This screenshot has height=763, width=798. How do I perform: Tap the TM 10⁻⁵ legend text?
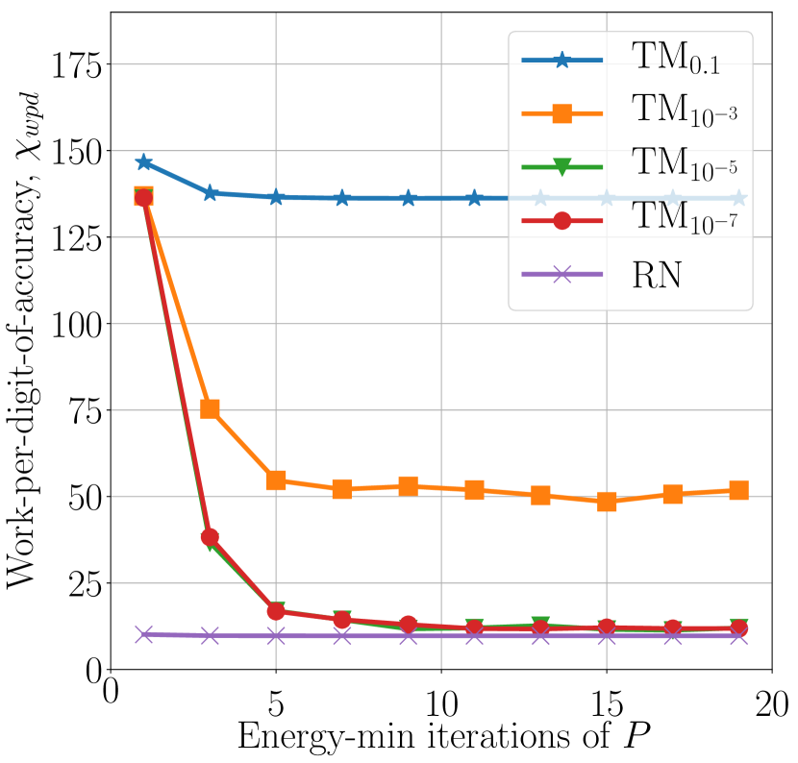[684, 166]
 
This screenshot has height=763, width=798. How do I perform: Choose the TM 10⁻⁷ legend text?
[684, 220]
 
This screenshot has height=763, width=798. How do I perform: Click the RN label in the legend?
[657, 275]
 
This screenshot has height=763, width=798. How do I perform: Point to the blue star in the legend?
[562, 61]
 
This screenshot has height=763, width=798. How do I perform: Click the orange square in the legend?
[562, 113]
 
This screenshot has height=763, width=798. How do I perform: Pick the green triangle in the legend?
[562, 167]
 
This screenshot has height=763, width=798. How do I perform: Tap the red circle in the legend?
[562, 221]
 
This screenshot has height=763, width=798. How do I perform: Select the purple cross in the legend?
[562, 275]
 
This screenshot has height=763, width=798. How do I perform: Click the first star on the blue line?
[143, 162]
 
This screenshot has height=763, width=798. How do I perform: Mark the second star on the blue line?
[210, 193]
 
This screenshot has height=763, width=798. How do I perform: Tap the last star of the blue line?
[738, 198]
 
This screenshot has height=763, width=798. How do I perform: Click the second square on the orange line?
[210, 409]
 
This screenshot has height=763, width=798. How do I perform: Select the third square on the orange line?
[276, 480]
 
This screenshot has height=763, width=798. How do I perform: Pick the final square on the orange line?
[738, 490]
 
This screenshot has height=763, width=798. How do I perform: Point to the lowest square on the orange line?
[607, 502]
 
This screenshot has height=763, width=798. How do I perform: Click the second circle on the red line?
[210, 537]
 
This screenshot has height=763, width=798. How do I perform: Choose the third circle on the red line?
[276, 611]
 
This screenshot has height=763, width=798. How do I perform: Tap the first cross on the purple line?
[143, 634]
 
